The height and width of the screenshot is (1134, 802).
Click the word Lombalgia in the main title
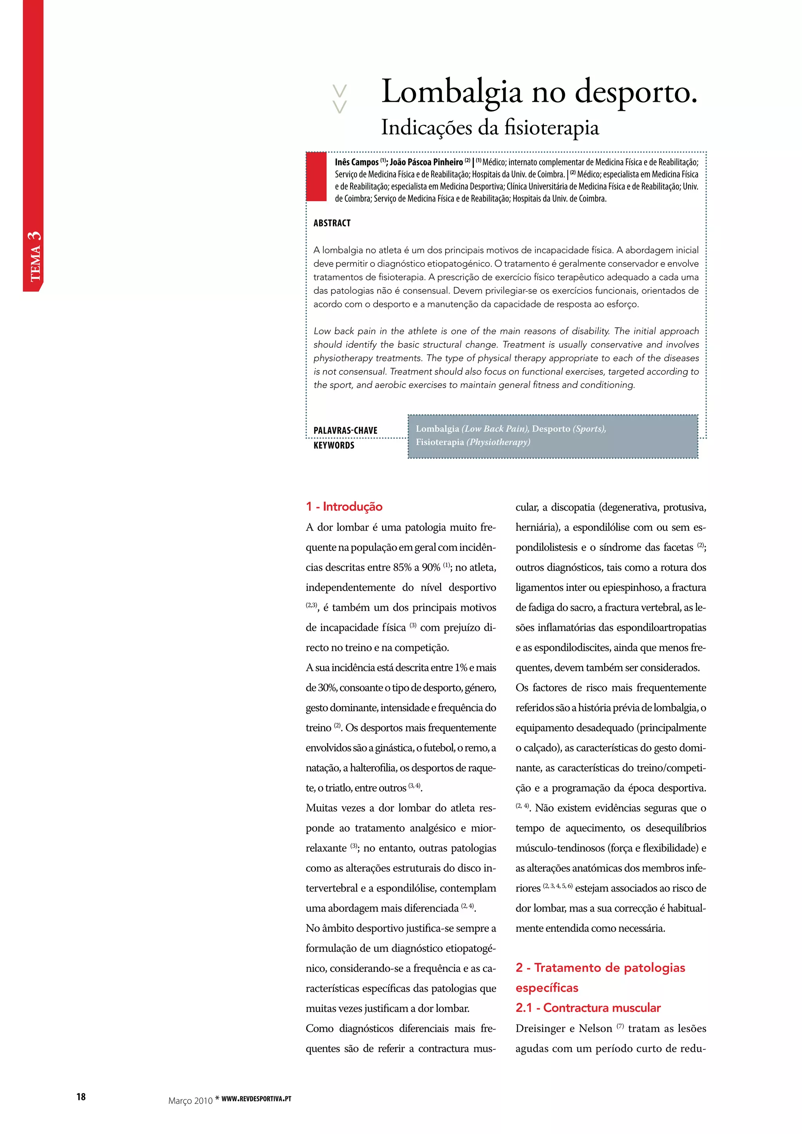pos(452,93)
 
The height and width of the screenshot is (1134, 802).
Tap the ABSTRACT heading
pos(332,223)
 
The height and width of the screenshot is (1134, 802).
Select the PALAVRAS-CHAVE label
pos(345,431)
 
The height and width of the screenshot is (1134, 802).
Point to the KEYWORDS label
pos(334,446)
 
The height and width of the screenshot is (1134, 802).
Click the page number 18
pos(81,1097)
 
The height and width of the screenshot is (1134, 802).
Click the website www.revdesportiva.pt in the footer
pos(256,1098)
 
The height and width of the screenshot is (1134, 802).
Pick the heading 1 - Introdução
pos(344,506)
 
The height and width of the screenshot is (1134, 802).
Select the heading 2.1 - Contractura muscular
pos(588,1008)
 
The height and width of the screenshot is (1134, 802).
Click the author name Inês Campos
pos(357,163)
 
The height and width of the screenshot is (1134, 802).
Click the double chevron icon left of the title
pos(340,99)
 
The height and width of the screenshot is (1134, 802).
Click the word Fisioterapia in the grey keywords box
pos(439,442)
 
